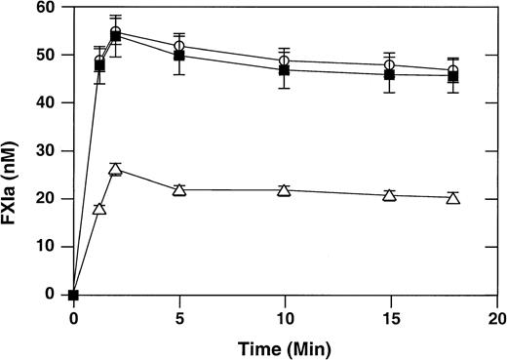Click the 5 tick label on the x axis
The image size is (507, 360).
pos(179,318)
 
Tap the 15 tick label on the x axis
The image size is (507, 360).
pos(389,318)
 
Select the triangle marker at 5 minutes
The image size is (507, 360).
pos(179,189)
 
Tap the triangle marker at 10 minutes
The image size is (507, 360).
pos(284,189)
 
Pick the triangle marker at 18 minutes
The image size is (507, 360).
pos(453,197)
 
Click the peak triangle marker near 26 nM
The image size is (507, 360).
pos(115,170)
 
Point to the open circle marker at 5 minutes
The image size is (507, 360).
pos(179,47)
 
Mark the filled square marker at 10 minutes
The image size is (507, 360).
pos(284,70)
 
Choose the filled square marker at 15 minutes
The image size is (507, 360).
pos(389,75)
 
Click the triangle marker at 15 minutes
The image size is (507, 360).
pos(389,195)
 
